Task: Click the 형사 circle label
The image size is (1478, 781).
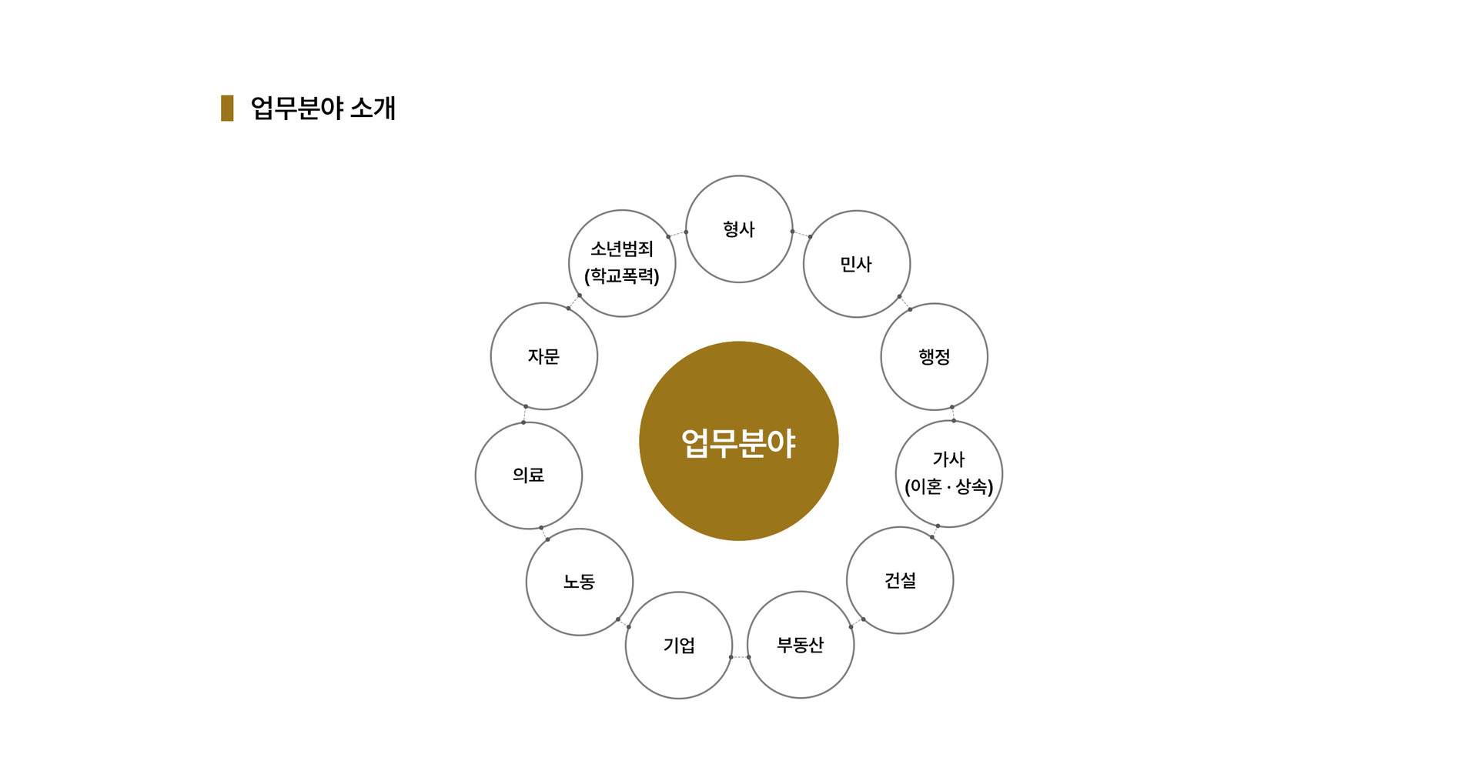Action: (739, 229)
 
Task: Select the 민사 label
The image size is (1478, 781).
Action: (856, 265)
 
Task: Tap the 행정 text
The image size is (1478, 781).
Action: (934, 357)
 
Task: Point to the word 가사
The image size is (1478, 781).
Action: (948, 459)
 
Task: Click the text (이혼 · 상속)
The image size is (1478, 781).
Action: (948, 487)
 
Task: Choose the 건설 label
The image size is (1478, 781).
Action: (900, 581)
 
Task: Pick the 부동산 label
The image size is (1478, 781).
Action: (801, 646)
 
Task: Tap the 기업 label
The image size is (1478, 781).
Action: (679, 646)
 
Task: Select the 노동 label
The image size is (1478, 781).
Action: (579, 582)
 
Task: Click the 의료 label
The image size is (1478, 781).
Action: (528, 476)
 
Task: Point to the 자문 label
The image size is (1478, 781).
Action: (543, 356)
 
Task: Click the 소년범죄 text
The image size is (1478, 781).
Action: (622, 249)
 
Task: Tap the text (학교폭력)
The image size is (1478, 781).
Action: (622, 276)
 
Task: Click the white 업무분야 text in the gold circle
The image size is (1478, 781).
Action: (738, 443)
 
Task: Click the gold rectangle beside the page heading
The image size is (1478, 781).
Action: (227, 108)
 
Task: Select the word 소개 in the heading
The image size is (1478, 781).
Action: (373, 108)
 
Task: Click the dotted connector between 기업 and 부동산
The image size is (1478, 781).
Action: (740, 657)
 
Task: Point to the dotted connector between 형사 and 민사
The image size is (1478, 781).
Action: (801, 234)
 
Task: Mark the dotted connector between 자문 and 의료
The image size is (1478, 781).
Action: (525, 415)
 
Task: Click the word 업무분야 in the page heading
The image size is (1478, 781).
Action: (297, 108)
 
